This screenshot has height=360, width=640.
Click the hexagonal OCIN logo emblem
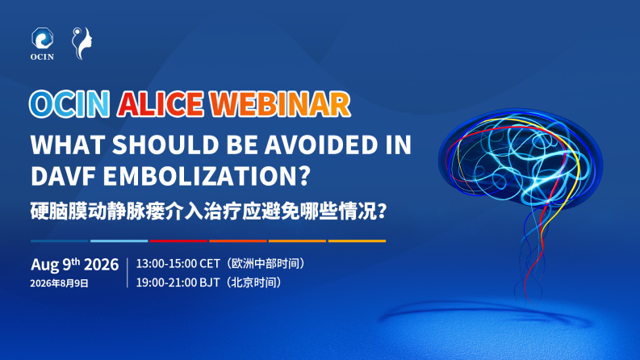[43, 38]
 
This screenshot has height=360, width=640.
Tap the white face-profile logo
[82, 44]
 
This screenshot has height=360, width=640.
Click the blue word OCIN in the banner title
[69, 104]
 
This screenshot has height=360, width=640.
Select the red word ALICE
[161, 104]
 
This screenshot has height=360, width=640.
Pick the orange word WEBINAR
[280, 104]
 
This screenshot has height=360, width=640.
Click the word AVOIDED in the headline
[321, 144]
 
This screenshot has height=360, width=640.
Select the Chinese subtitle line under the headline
[208, 211]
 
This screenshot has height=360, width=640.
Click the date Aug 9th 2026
[75, 265]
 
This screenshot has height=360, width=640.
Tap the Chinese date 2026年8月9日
[59, 283]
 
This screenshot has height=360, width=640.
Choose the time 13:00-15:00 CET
[178, 264]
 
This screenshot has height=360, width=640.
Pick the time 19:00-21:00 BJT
[178, 282]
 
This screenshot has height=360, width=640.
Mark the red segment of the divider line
[178, 241]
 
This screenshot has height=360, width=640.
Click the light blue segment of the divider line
[119, 241]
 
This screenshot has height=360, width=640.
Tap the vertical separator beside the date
[128, 273]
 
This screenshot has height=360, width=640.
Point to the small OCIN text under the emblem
[42, 57]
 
